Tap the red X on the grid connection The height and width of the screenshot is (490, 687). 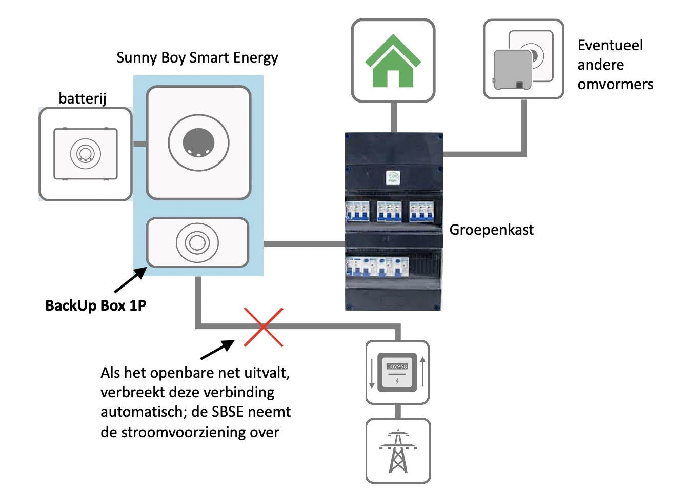coord(264,327)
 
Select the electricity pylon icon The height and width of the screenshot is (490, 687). coord(398,451)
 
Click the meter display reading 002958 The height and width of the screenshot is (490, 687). coord(397,366)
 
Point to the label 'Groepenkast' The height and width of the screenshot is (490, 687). coord(491,230)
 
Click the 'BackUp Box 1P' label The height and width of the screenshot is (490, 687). coord(96,305)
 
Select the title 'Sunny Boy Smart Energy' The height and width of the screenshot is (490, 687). coord(197,57)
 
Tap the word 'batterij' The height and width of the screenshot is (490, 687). coord(83,98)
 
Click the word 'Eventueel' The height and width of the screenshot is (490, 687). coord(610,45)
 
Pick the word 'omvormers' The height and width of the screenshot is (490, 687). coord(615,84)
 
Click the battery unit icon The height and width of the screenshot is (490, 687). coord(86,154)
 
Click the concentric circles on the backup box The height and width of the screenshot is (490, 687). coord(197,242)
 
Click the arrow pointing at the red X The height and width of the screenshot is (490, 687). coord(217,350)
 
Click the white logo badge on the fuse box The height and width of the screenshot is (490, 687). coord(393,178)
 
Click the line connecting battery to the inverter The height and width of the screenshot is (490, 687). coord(139,144)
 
